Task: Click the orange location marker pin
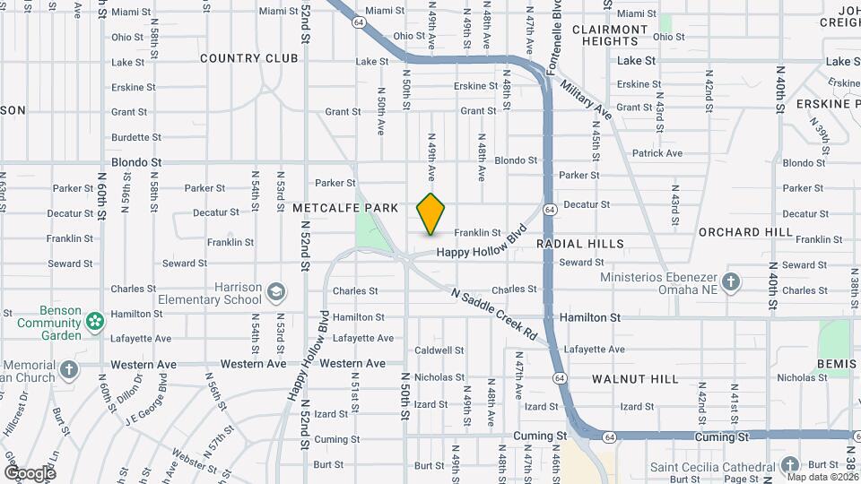coord(431,213)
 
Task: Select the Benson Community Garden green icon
coord(93,320)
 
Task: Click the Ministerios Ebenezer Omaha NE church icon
coord(731,281)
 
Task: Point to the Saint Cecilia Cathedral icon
coord(788,465)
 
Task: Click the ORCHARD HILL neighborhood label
coord(745,232)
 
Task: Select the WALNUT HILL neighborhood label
coord(635,379)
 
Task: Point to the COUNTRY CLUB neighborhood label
coord(248,58)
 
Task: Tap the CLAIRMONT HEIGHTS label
coord(610,35)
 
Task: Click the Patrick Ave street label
coord(657,153)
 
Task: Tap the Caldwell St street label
coord(439,350)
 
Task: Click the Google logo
coord(30,472)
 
